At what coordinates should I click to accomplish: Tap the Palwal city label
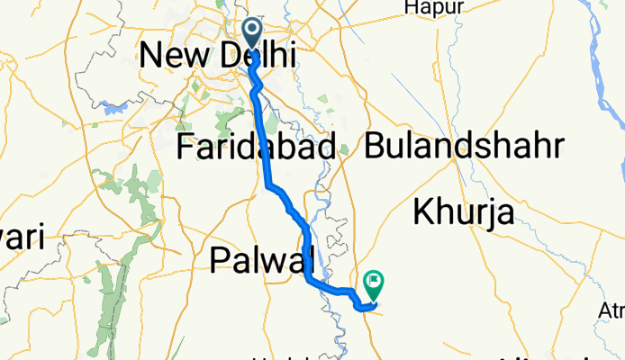coord(260,260)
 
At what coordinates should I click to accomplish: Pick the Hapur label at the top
coord(434,7)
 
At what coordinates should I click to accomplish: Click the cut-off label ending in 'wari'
coord(20,239)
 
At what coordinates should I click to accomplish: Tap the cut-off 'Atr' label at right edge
coord(613,311)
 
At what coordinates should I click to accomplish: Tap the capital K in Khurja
coord(422,213)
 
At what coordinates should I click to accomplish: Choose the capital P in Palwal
coord(219,260)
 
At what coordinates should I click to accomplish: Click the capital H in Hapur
coord(412,7)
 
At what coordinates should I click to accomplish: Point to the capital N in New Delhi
coord(149,56)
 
